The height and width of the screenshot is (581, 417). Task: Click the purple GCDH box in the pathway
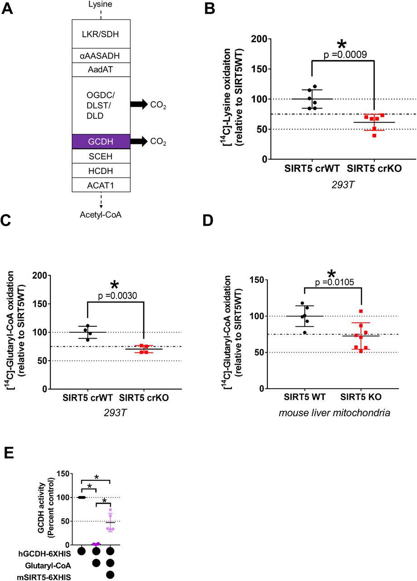coord(101,142)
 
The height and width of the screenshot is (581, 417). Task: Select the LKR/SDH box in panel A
coord(101,34)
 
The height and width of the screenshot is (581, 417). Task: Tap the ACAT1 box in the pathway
coord(101,184)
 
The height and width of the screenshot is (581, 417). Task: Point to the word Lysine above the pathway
coord(101,5)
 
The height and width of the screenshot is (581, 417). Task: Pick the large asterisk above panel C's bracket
coord(114,285)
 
